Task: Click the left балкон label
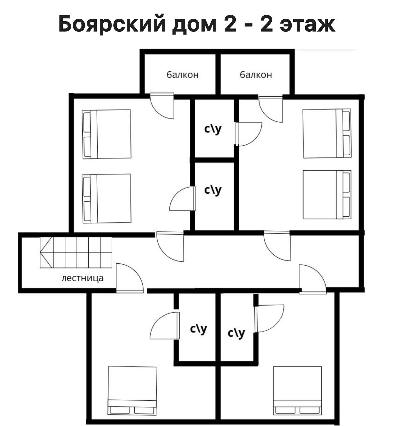[x=183, y=75]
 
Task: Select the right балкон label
[x=256, y=75]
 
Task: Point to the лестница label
[x=82, y=278]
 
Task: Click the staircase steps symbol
[x=76, y=252]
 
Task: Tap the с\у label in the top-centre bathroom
[x=213, y=129]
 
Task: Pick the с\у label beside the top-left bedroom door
[x=213, y=190]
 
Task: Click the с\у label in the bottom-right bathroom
[x=236, y=333]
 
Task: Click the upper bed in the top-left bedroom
[x=106, y=134]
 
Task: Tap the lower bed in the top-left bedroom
[x=106, y=198]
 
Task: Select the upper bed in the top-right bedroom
[x=327, y=133]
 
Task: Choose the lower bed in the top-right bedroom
[x=327, y=195]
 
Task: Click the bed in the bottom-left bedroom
[x=132, y=391]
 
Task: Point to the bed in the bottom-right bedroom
[x=297, y=391]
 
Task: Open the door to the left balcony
[x=162, y=106]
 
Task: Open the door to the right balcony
[x=271, y=109]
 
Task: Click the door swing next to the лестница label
[x=129, y=278]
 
